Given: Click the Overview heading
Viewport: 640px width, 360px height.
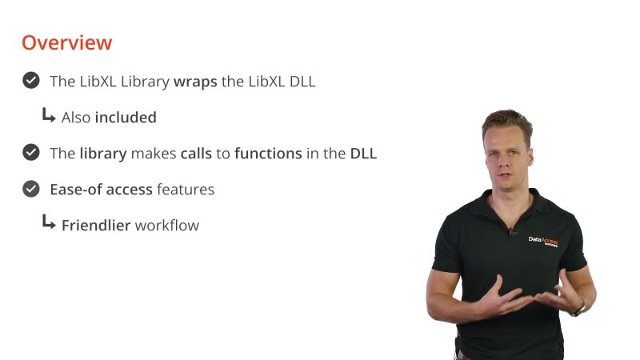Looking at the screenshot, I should pyautogui.click(x=66, y=42).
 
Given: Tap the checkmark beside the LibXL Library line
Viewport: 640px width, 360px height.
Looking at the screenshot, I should pyautogui.click(x=31, y=81).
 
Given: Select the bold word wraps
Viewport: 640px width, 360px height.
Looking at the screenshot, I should pyautogui.click(x=195, y=82).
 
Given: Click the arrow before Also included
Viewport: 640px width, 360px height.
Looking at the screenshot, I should pyautogui.click(x=49, y=116).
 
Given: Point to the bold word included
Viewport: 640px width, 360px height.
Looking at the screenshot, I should pyautogui.click(x=126, y=118).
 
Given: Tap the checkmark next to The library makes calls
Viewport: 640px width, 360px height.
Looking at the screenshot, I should pyautogui.click(x=31, y=153).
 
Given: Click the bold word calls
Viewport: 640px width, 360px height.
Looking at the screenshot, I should pyautogui.click(x=196, y=154).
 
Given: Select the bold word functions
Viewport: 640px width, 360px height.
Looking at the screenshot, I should pyautogui.click(x=268, y=154).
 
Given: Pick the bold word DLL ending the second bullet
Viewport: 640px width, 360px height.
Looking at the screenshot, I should pyautogui.click(x=363, y=154).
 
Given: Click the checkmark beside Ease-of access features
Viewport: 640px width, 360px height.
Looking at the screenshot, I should pyautogui.click(x=31, y=189).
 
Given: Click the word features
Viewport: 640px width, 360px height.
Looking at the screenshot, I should pyautogui.click(x=186, y=190).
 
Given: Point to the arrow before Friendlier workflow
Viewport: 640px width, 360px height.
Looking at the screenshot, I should pyautogui.click(x=49, y=224).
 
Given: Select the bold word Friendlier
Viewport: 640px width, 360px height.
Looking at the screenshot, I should pyautogui.click(x=96, y=226).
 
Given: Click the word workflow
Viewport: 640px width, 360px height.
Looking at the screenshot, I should pyautogui.click(x=166, y=226).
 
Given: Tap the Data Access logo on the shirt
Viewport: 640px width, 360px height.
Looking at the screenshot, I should pyautogui.click(x=543, y=240).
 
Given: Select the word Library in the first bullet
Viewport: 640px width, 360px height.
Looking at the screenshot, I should pyautogui.click(x=145, y=82).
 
